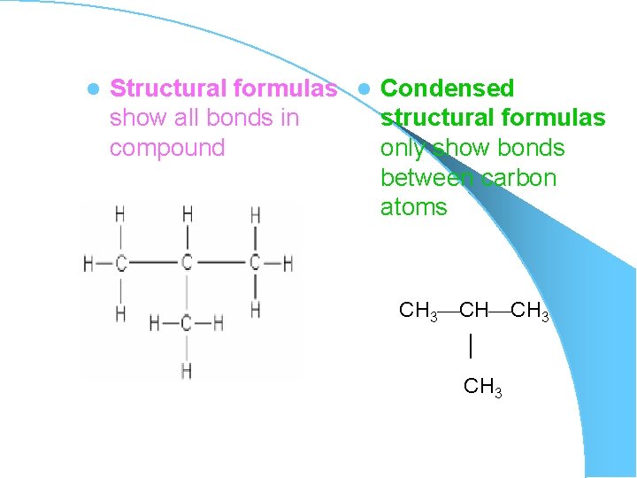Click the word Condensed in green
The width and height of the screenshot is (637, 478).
tap(447, 89)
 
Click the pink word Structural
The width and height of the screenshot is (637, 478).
tap(167, 89)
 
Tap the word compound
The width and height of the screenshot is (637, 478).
tap(167, 148)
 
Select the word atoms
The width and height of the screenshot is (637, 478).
tap(413, 207)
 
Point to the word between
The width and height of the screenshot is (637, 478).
tap(428, 178)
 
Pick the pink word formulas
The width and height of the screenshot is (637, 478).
tap(284, 89)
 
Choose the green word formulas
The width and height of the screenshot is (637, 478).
tap(556, 118)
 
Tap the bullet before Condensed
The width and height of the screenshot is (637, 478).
tap(365, 89)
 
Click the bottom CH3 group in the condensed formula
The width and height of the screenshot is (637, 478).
tap(483, 387)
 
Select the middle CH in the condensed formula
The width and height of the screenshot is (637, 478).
tap(474, 311)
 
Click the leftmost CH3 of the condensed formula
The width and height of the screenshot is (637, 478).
tap(418, 311)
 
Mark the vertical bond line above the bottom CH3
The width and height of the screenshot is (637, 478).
tap(472, 345)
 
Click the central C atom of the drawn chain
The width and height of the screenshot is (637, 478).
tap(187, 263)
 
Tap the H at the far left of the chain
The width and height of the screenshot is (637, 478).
tap(88, 263)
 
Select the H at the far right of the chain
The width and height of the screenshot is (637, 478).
tap(288, 263)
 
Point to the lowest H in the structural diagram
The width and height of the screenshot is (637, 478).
tap(186, 370)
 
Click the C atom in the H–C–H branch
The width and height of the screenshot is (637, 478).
tap(186, 324)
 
